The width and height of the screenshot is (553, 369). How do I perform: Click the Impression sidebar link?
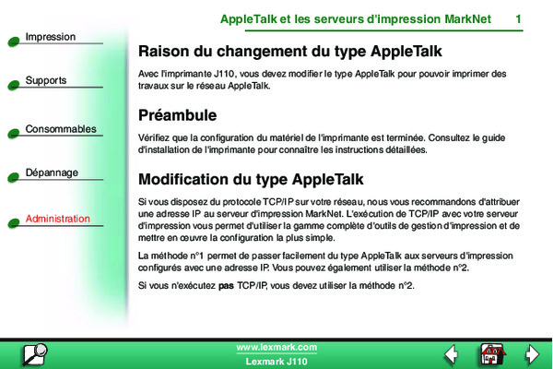pos(51,37)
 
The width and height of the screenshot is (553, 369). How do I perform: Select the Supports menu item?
pos(46,80)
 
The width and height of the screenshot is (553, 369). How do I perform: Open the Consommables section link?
pos(61,129)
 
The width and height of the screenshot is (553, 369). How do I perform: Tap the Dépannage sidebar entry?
pos(52,173)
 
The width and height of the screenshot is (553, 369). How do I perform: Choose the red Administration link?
pos(58,219)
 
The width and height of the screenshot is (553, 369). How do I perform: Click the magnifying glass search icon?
pos(35,354)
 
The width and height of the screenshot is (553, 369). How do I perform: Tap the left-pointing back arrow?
pos(451,354)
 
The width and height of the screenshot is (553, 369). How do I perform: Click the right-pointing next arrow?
pos(532,354)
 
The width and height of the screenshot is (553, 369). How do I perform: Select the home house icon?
pos(493,354)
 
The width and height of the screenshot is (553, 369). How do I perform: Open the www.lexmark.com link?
pos(276,348)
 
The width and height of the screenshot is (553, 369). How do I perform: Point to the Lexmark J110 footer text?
pos(276,362)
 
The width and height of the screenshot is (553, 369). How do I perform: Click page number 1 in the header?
pos(518,19)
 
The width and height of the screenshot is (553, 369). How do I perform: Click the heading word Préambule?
pos(177,115)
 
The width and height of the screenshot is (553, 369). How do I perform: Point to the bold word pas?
pos(226,286)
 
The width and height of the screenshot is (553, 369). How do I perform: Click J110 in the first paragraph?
pos(224,74)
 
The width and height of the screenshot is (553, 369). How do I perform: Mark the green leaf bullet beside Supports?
pos(14,85)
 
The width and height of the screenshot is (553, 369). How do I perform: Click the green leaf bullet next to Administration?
pos(14,223)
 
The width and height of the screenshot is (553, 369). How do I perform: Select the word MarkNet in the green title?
pos(467,19)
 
